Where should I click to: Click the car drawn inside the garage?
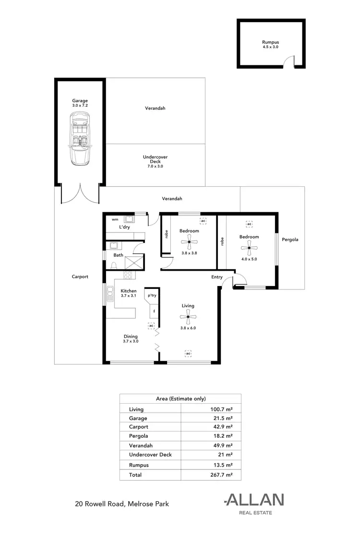[80, 139]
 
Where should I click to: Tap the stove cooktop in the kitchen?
[128, 275]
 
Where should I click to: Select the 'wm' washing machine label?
[115, 219]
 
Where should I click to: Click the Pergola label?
[290, 239]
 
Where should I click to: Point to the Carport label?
[80, 276]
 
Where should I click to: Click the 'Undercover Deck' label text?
[155, 159]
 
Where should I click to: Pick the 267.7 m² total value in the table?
[222, 474]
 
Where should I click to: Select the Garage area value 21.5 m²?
[223, 418]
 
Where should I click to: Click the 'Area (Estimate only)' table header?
[180, 398]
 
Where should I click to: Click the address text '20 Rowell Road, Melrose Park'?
[121, 504]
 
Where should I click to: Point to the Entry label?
[217, 277]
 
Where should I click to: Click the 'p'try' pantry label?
[152, 295]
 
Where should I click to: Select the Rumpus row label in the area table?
[139, 465]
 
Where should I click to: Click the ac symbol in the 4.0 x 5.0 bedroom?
[249, 224]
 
